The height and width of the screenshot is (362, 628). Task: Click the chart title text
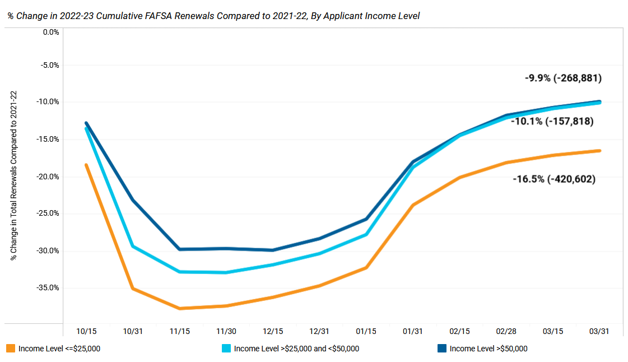click(x=213, y=16)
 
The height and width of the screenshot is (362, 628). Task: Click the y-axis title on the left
click(x=14, y=175)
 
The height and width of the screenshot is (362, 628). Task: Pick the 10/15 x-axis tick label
click(x=86, y=331)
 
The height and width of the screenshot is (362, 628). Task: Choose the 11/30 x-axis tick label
click(x=226, y=331)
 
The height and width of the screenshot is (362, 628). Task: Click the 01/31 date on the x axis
click(x=413, y=331)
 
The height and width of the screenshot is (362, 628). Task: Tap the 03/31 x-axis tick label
click(x=599, y=331)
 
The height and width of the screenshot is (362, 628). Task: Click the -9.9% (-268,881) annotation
click(x=563, y=78)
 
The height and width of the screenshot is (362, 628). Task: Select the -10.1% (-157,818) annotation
click(x=552, y=121)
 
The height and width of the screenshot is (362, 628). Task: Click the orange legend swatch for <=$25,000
click(x=10, y=349)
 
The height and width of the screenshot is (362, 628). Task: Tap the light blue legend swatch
click(x=226, y=349)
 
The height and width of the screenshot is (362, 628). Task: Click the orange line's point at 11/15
click(x=179, y=308)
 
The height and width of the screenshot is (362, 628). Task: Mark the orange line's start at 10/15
click(x=86, y=165)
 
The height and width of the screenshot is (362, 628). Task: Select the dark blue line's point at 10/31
click(x=133, y=199)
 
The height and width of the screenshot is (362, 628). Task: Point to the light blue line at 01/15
click(x=366, y=234)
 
